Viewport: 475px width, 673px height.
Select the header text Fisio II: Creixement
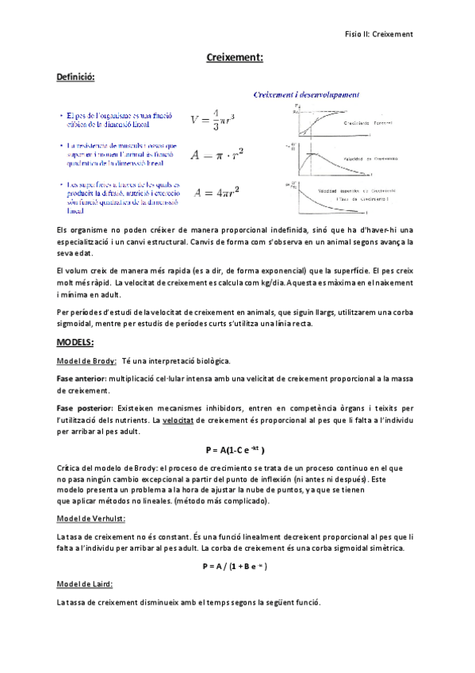tap(380, 34)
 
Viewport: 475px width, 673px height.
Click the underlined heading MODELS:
tap(75, 342)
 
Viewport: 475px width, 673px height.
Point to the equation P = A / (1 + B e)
tap(235, 566)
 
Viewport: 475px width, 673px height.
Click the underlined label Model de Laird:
tap(84, 584)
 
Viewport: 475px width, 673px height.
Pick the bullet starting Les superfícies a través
tap(122, 198)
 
